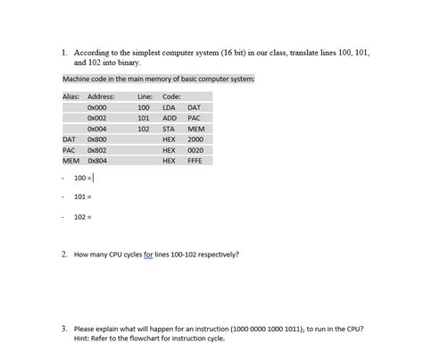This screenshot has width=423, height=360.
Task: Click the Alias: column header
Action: (71, 96)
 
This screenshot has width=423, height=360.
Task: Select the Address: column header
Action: (101, 96)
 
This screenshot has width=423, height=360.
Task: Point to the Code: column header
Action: (172, 96)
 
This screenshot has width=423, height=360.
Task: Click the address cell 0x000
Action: (97, 107)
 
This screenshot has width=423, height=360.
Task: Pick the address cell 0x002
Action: (97, 118)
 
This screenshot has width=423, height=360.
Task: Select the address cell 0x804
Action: (97, 161)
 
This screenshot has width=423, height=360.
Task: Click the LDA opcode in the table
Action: (169, 107)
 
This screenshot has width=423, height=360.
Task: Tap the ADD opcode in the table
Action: (170, 118)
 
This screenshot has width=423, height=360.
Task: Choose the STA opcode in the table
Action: (169, 129)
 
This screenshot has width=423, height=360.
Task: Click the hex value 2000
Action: (195, 139)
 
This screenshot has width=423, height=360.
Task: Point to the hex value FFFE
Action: (195, 161)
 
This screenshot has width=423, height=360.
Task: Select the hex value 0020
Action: (195, 150)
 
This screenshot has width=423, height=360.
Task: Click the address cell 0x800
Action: (97, 139)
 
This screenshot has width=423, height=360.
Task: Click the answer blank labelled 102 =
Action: (98, 216)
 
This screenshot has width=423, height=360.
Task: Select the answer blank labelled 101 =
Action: (98, 197)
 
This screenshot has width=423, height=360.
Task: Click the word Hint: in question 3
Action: (83, 338)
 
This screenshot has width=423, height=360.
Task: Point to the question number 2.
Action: (65, 254)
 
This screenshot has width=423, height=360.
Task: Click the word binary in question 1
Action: (128, 63)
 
